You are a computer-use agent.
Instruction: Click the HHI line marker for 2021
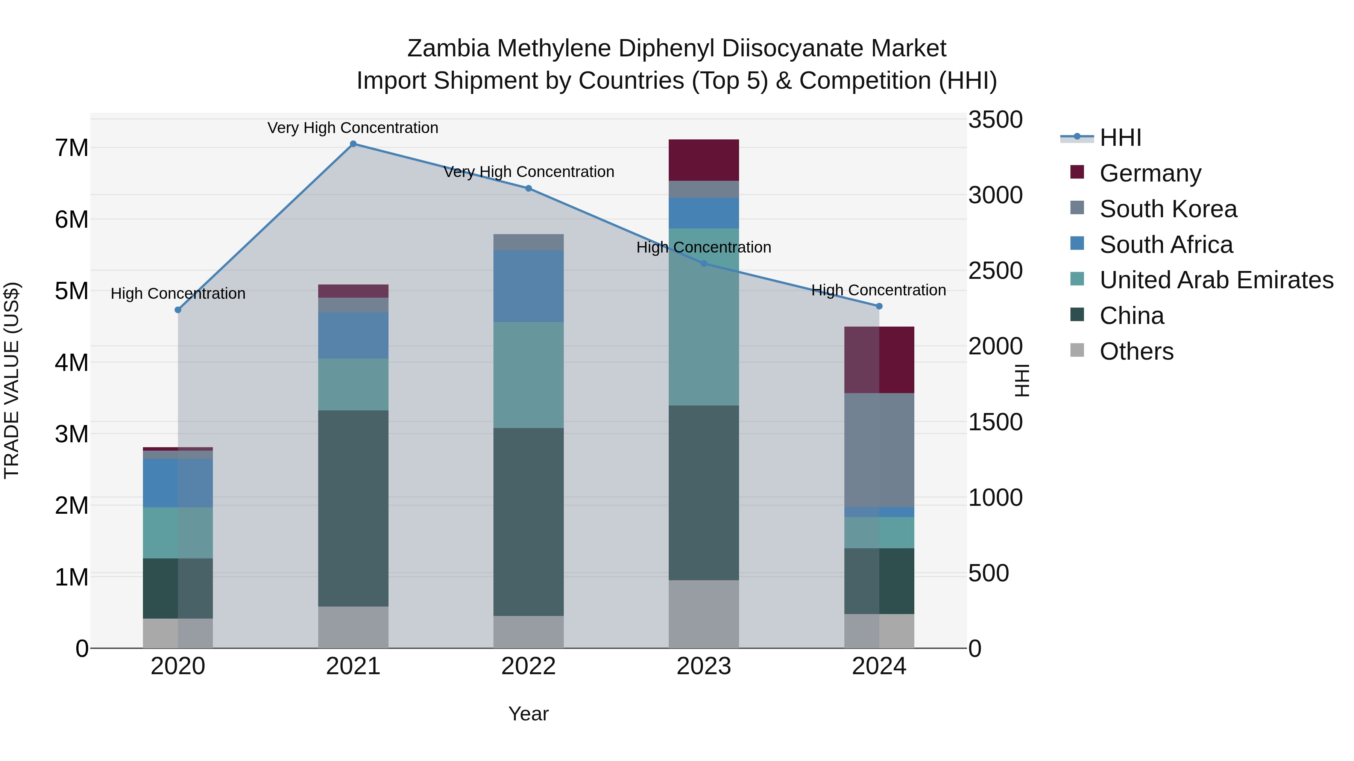353,144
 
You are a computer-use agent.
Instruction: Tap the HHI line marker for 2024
879,306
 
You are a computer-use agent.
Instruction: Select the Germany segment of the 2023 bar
703,160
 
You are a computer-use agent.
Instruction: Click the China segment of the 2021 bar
353,508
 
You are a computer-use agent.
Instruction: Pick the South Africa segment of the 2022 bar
528,286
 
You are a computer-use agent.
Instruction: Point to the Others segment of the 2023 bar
703,614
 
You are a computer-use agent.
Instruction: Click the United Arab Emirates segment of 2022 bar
528,375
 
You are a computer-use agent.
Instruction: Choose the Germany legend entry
1150,173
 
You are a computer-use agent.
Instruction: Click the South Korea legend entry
1168,209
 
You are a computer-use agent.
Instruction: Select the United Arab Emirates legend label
1216,280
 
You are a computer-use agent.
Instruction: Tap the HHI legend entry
1120,138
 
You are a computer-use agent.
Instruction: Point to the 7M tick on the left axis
71,148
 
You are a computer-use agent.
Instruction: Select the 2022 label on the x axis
528,666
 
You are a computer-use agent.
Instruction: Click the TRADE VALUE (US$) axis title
12,380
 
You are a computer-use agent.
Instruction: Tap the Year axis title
528,714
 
